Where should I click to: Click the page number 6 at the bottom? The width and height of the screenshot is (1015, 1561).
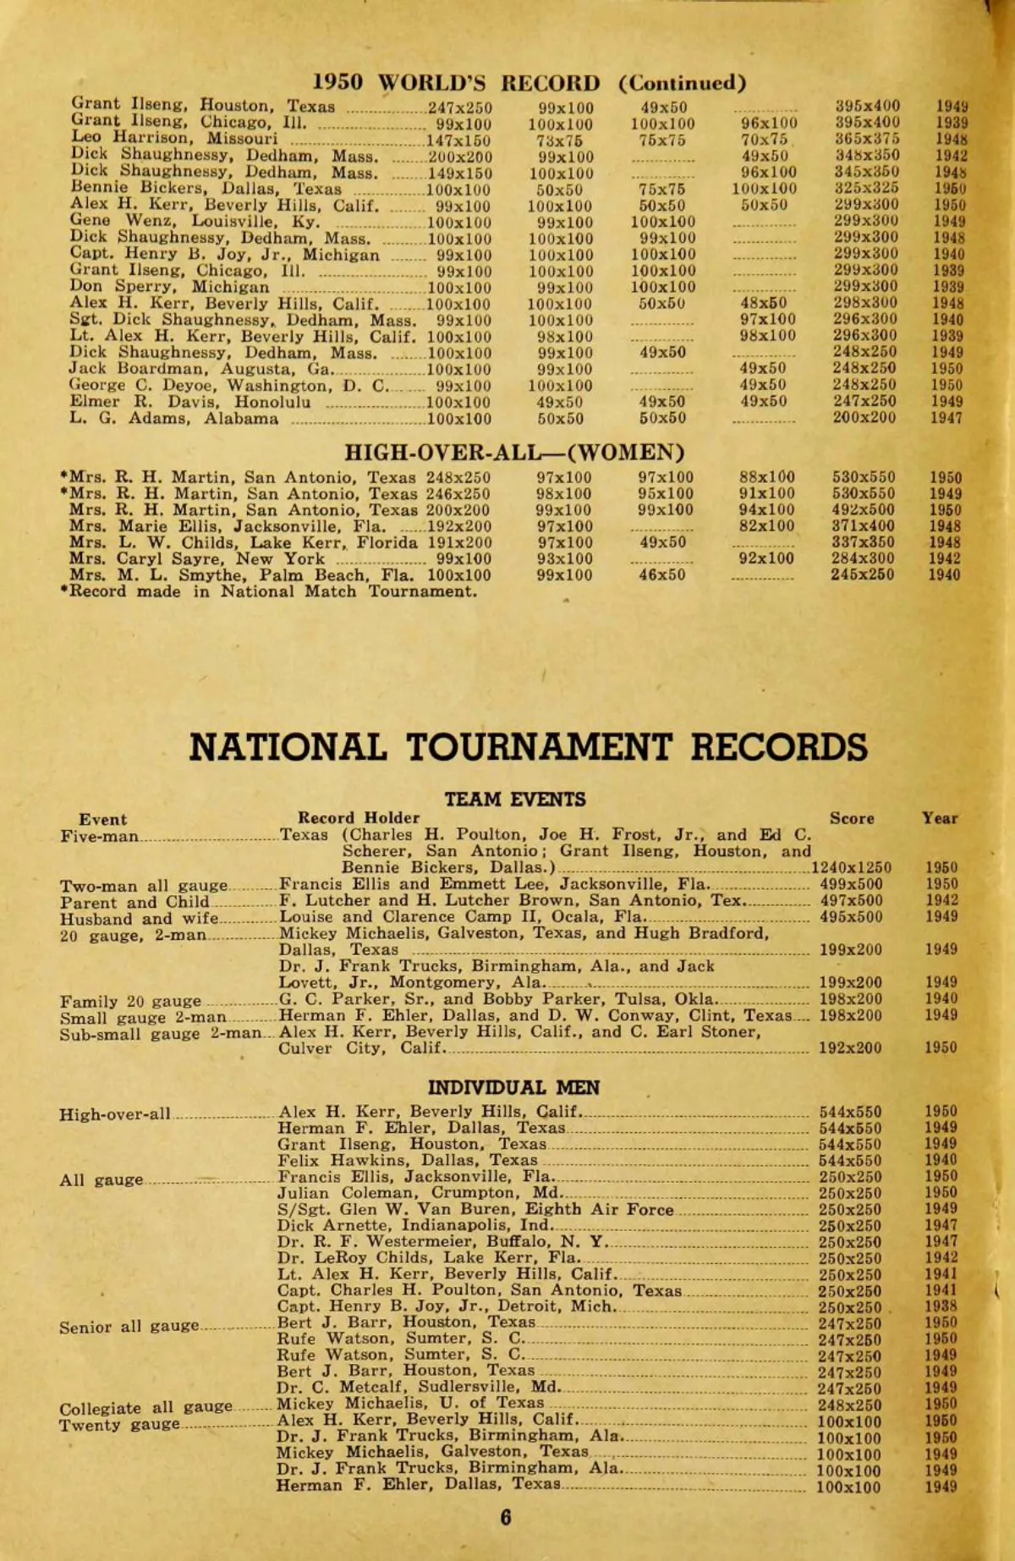coord(506,1517)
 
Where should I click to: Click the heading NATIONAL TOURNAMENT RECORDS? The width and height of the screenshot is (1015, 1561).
coord(529,747)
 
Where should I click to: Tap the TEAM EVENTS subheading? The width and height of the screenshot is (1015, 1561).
coord(515,799)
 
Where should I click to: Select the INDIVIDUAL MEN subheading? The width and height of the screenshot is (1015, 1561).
coord(513,1087)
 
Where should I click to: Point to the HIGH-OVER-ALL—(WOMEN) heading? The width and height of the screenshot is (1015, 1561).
coord(514,453)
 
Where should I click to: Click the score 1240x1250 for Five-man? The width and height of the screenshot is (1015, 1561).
coord(851,867)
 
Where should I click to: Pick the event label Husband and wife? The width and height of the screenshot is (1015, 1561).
coord(140,919)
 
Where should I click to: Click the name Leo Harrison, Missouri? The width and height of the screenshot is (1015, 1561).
coord(174,139)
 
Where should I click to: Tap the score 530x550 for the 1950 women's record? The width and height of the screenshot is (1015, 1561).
coord(864,477)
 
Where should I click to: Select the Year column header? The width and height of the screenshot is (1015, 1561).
coord(940,818)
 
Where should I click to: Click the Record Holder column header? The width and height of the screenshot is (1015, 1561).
coord(359,817)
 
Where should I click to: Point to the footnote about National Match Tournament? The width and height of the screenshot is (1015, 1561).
coord(269,591)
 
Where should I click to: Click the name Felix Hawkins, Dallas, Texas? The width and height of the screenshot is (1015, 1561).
coord(408,1161)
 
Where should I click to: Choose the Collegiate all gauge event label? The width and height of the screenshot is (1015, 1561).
coord(145,1408)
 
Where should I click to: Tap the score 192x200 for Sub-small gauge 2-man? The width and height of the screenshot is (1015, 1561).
coord(851,1048)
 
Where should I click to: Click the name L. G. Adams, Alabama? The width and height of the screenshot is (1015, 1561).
coord(174,418)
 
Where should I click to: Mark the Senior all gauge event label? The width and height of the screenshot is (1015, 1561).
coord(129,1327)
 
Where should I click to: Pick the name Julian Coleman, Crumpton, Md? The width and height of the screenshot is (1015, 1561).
coord(419,1193)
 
